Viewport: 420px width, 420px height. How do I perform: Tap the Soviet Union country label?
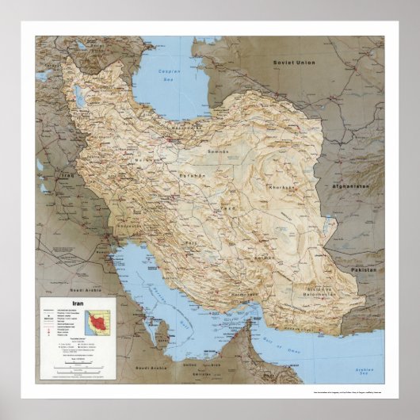tap(295, 62)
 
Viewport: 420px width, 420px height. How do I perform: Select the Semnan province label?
tap(218, 151)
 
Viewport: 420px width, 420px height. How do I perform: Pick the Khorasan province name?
tap(283, 188)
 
